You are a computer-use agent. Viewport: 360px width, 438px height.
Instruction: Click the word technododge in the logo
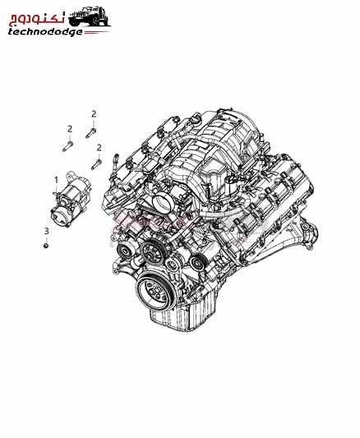pyautogui.click(x=45, y=32)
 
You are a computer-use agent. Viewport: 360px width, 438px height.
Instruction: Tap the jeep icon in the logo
pyautogui.click(x=89, y=16)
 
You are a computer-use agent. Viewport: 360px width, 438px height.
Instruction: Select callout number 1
pyautogui.click(x=56, y=180)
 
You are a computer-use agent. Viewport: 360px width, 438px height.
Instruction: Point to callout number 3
pyautogui.click(x=46, y=231)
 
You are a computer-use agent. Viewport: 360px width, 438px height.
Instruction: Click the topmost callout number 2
pyautogui.click(x=94, y=114)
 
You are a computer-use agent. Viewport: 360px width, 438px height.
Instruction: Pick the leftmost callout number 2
pyautogui.click(x=70, y=129)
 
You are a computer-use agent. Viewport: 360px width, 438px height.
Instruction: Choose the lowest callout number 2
pyautogui.click(x=99, y=148)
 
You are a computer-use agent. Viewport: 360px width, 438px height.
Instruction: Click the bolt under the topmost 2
pyautogui.click(x=90, y=133)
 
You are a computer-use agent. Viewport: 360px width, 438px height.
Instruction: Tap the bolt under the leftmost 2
pyautogui.click(x=67, y=146)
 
